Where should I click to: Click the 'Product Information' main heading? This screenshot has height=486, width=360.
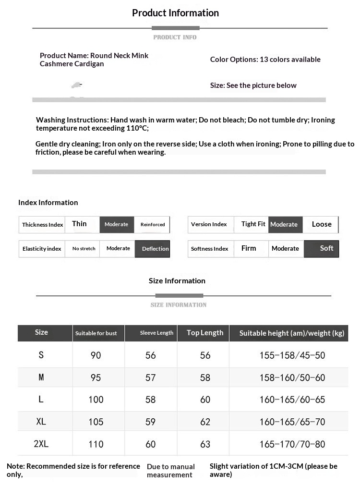175,13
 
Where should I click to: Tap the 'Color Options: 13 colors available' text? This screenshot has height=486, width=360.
265,60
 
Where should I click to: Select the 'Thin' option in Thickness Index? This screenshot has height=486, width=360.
80,224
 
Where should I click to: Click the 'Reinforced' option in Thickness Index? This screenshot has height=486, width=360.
153,224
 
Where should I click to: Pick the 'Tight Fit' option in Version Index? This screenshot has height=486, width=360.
253,224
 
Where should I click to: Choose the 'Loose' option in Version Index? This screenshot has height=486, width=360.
322,224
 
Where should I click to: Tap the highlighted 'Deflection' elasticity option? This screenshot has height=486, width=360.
155,249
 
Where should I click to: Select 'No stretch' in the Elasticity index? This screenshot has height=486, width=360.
84,249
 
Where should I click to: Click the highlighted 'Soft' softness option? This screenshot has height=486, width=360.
326,248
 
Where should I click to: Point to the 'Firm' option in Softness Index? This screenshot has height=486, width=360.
249,248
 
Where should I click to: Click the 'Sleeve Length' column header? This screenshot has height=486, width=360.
156,333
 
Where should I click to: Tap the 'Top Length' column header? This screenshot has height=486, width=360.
205,333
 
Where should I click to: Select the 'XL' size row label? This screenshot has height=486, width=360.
41,422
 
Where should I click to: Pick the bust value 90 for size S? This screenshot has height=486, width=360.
96,356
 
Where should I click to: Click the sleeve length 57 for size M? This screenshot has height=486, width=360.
151,378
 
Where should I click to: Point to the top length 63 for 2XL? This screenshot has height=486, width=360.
205,444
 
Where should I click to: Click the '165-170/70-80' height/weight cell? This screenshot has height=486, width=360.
292,444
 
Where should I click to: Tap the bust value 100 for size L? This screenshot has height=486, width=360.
96,400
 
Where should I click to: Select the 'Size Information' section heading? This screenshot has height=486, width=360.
177,281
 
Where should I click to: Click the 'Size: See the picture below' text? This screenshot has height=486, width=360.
253,85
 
